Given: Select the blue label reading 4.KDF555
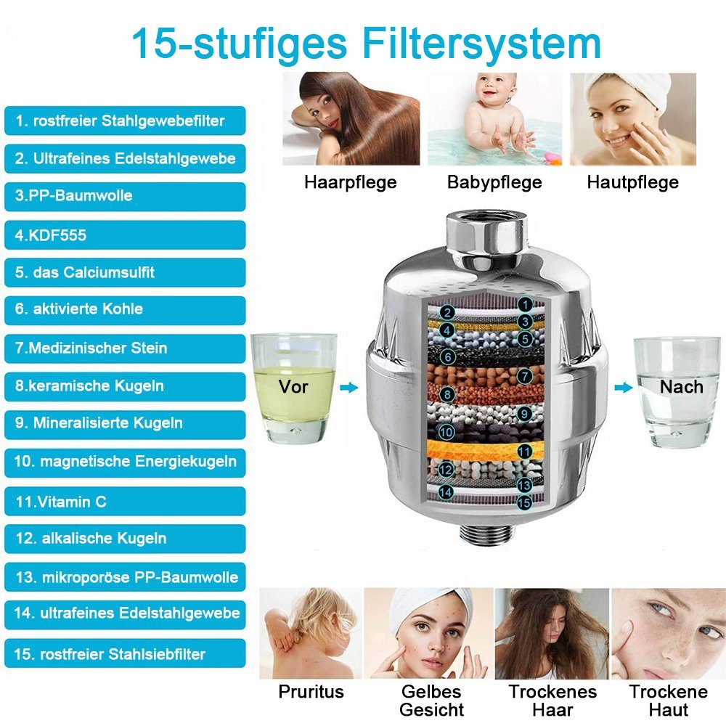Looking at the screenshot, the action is point(125,234).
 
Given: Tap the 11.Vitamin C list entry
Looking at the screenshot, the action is point(125,501).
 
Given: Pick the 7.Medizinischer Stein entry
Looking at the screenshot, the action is point(125,348).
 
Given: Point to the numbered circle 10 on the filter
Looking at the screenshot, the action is point(446,433).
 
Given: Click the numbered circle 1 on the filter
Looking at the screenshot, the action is point(525,305).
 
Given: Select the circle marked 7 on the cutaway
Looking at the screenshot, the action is point(525,375).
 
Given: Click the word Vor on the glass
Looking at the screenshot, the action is point(293,387).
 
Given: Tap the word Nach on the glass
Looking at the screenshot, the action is point(681,387).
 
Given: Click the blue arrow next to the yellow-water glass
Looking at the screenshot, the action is point(349,388).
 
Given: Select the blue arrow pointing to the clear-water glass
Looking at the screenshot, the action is point(623,388).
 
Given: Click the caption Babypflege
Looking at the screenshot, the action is point(494,182).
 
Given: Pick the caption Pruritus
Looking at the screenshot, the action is point(311,691).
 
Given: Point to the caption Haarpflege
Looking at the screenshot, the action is point(351,182).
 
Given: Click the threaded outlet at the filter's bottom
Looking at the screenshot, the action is point(486,534).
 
